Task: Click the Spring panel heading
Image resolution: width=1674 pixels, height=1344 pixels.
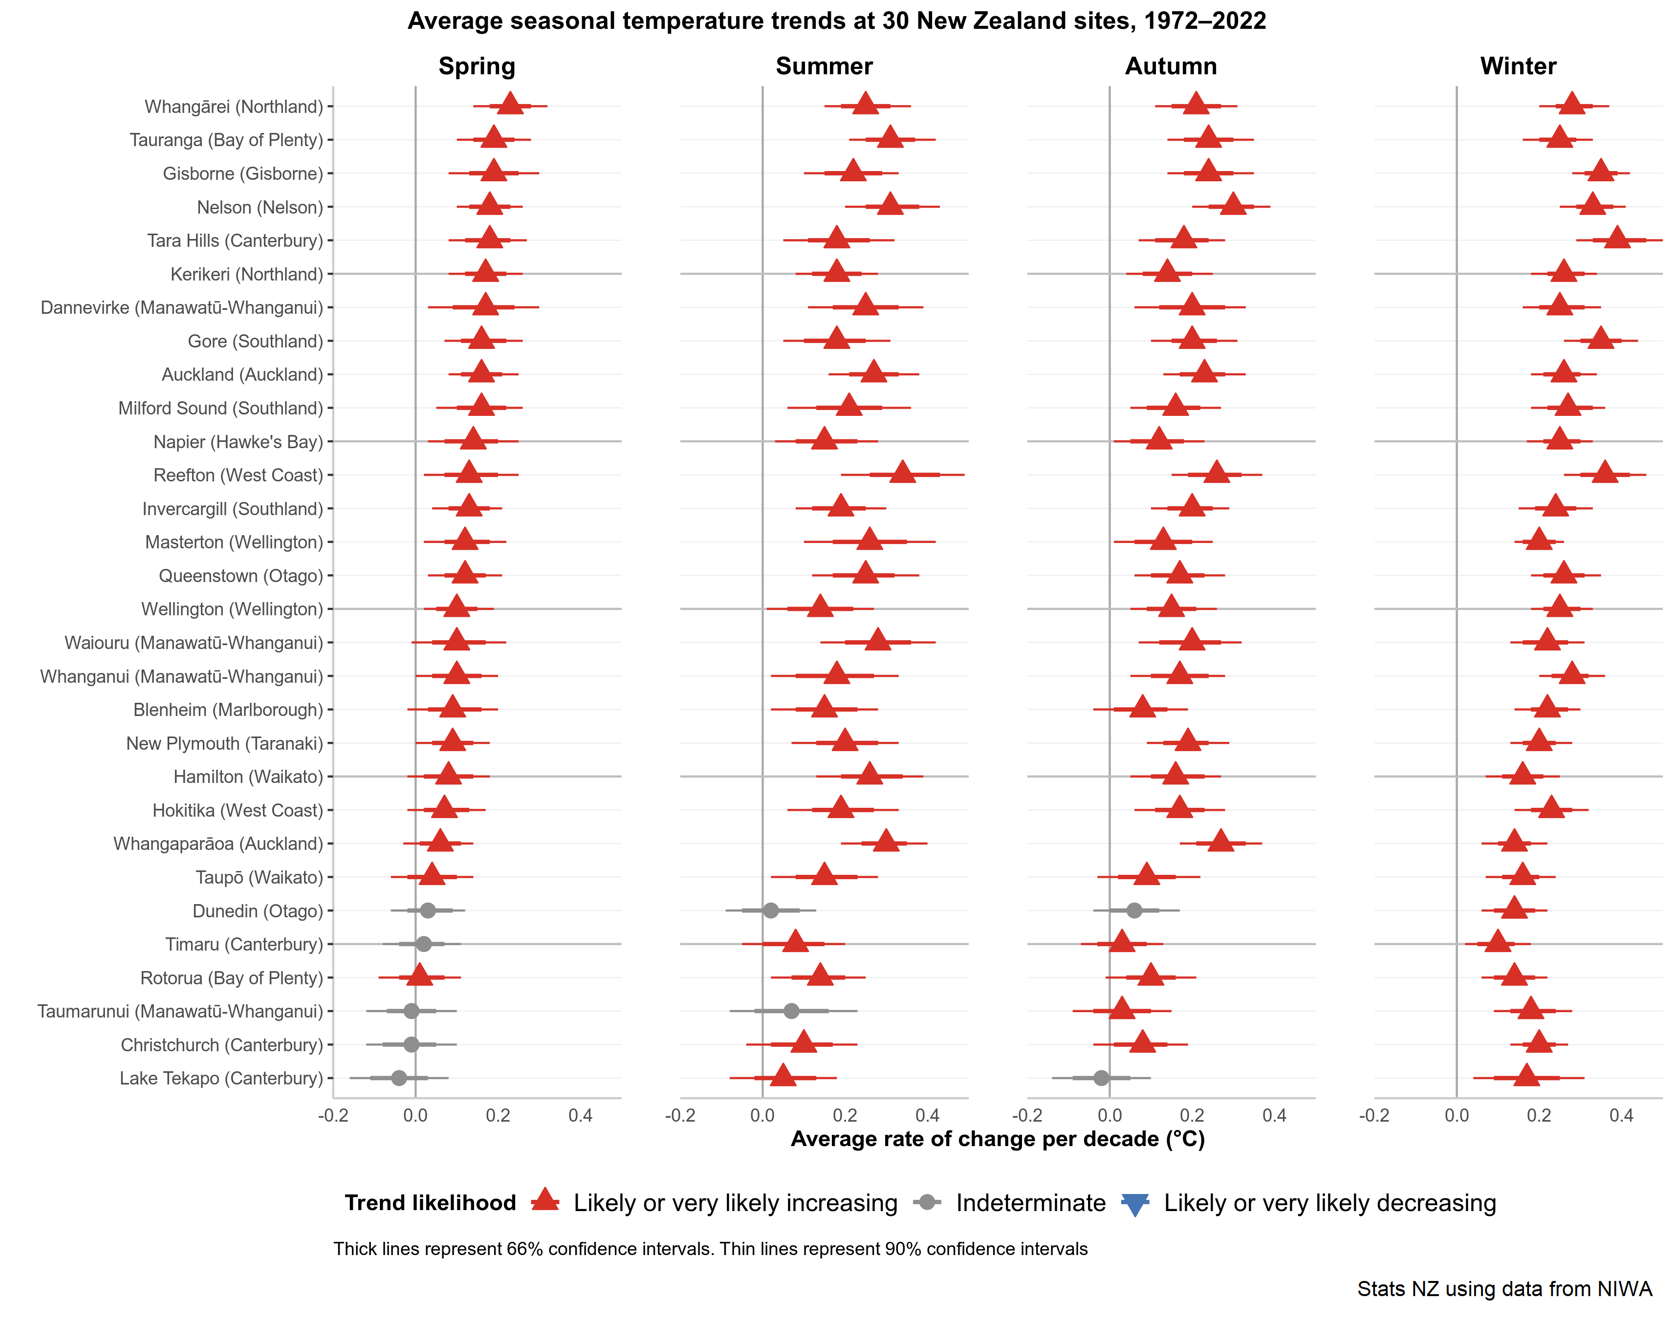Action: (477, 66)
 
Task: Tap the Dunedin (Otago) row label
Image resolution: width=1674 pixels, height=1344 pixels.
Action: (257, 911)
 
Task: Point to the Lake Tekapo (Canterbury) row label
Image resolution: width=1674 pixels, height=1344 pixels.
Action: (221, 1079)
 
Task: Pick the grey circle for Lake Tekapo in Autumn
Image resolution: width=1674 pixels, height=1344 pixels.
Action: (1101, 1078)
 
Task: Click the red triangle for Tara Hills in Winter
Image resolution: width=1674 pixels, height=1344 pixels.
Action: (1617, 238)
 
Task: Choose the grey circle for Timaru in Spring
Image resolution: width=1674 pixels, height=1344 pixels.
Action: (423, 944)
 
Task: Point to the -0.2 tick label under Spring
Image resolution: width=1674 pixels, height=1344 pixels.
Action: (333, 1117)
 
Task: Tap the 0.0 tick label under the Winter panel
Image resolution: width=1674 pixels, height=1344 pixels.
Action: (1457, 1117)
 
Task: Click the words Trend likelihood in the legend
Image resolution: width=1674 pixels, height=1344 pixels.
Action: (430, 1203)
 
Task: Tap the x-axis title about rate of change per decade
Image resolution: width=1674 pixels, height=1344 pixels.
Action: (997, 1139)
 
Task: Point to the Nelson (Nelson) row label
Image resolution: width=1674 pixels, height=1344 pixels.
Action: (260, 207)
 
